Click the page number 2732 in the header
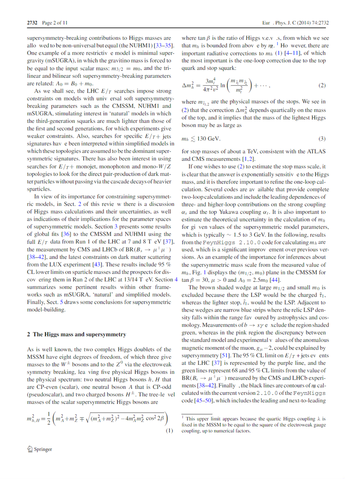coord(32,23)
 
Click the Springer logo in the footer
coord(39,449)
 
